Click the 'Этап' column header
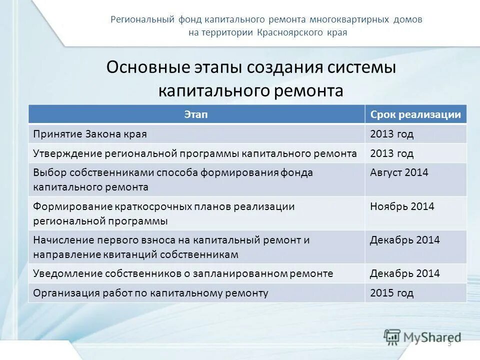pyautogui.click(x=196, y=114)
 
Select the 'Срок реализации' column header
pyautogui.click(x=415, y=114)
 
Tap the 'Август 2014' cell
pyautogui.click(x=399, y=172)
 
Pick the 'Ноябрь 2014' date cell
pyautogui.click(x=402, y=206)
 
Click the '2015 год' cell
pyautogui.click(x=391, y=293)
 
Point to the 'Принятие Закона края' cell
pyautogui.click(x=90, y=134)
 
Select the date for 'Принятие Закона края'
pyautogui.click(x=391, y=134)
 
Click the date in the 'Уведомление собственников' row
pyautogui.click(x=404, y=273)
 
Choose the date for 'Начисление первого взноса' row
pyautogui.click(x=404, y=240)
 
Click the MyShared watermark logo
pyautogui.click(x=422, y=336)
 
